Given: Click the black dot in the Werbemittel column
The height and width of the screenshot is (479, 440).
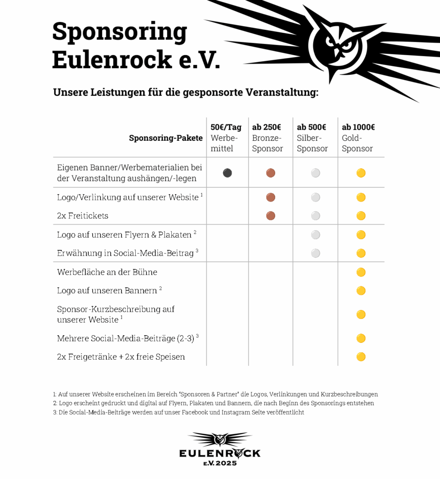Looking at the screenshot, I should point(227,173).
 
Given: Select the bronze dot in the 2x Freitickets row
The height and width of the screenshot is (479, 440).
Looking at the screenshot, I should point(271,216).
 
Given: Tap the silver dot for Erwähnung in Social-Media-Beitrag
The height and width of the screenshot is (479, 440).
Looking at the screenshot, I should point(315,253).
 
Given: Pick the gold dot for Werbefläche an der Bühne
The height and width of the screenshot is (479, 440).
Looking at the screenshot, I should point(361,272).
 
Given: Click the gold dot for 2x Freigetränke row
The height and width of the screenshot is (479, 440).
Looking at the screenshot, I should point(361,357).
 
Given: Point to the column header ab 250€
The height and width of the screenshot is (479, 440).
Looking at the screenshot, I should point(266,127).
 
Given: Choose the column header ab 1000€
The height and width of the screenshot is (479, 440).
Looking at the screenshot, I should point(358,127).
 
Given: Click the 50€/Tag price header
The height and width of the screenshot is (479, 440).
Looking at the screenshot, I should point(226,127).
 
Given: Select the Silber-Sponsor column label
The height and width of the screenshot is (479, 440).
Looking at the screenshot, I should point(312,144).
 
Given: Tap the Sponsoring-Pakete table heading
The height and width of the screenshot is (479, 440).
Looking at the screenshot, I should point(166,138).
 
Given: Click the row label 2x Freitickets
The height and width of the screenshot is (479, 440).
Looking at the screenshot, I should point(82,216).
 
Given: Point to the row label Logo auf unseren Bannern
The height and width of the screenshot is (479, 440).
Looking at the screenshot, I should point(107,290).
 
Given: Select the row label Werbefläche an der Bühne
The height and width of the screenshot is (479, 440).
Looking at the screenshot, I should point(107,272).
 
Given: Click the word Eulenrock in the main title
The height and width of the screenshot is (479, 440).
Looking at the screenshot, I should point(112,60).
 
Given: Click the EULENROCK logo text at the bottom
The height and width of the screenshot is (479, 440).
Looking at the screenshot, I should point(220,453).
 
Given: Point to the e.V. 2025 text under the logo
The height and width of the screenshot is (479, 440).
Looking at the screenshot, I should point(220,463).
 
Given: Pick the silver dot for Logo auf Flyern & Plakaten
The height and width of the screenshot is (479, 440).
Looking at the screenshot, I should point(315,235).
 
